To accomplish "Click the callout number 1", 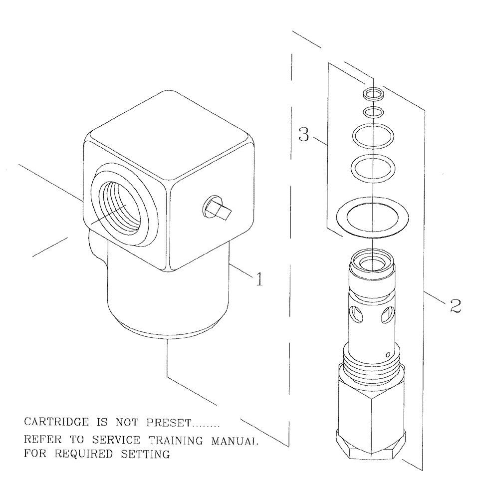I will point(258,280).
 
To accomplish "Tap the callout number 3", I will point(303,135).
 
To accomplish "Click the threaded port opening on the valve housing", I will point(120,205).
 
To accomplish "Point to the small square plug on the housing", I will point(216,208).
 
